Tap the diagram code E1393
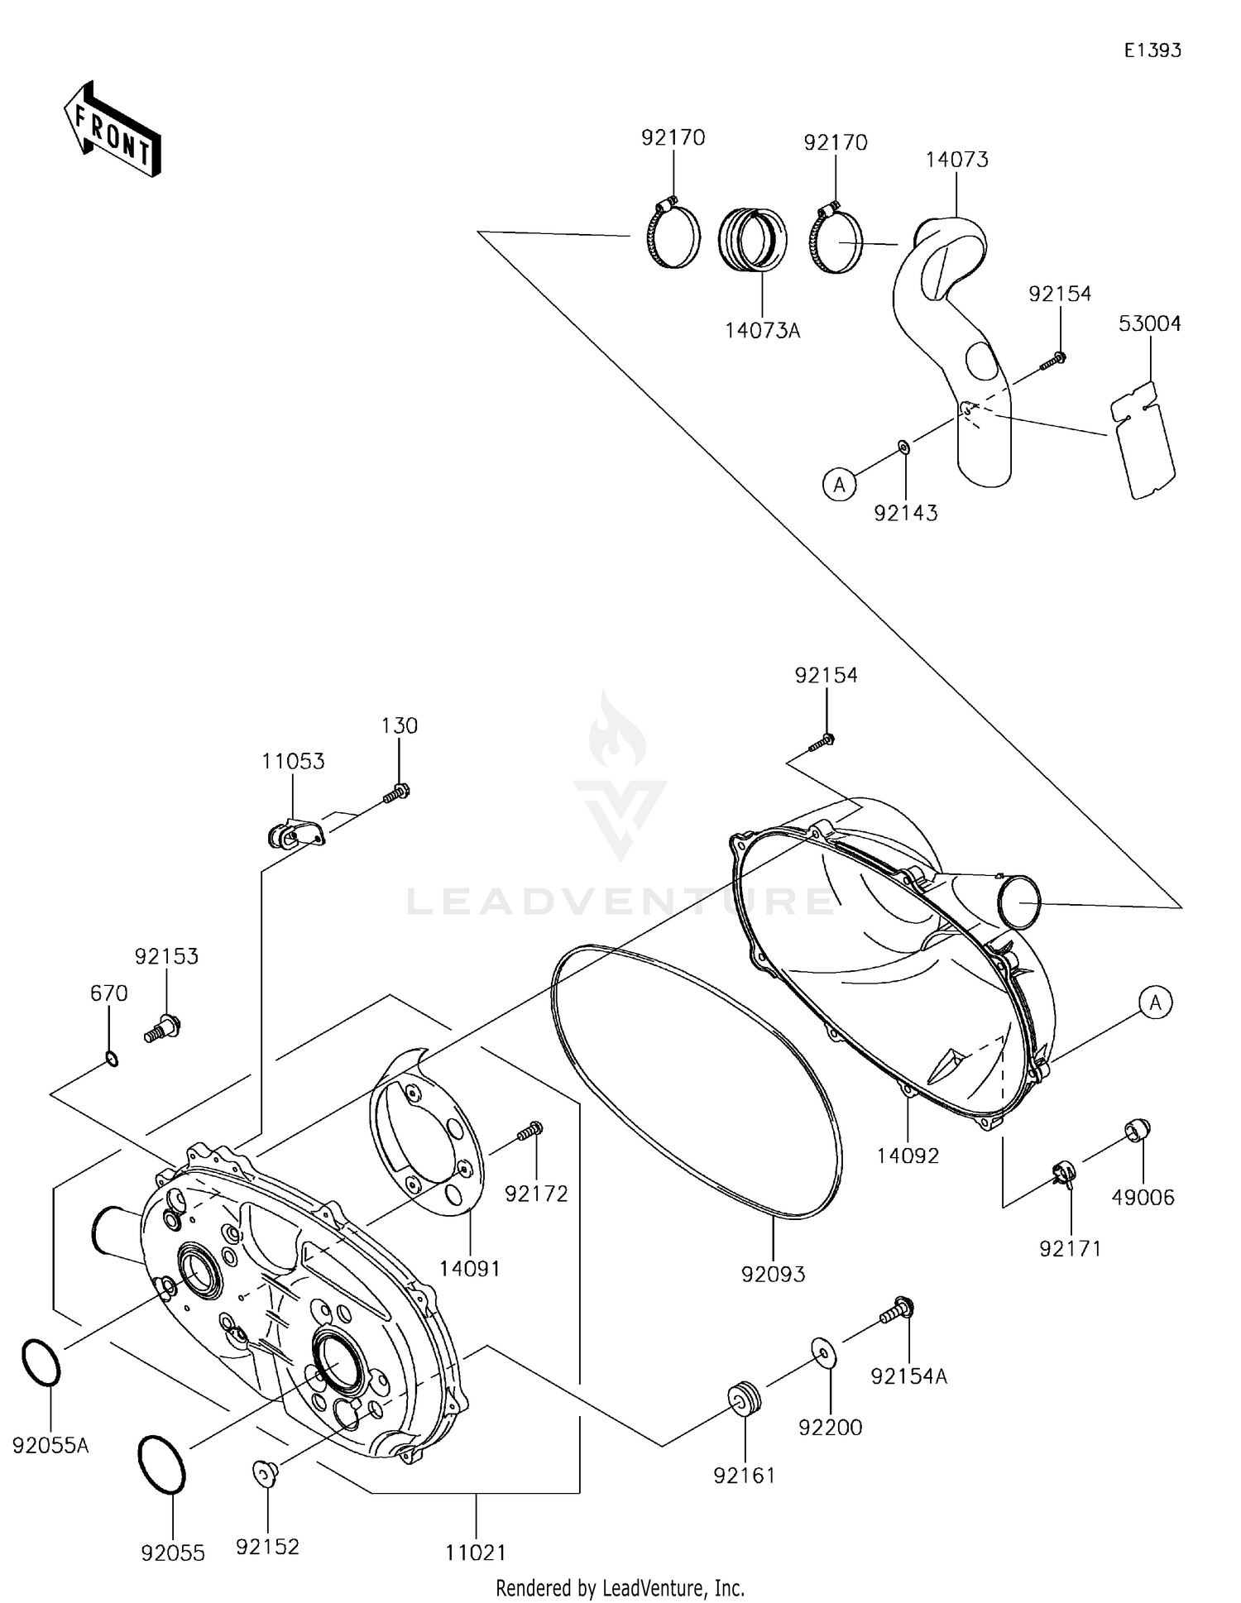[x=1152, y=50]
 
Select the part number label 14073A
[x=762, y=331]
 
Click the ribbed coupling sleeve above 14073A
[x=752, y=239]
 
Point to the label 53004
[x=1149, y=324]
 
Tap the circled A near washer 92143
[x=839, y=485]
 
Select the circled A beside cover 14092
[x=1155, y=1003]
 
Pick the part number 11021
[x=475, y=1553]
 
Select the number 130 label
[x=399, y=726]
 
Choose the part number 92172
[x=536, y=1194]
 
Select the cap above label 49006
[x=1138, y=1130]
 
